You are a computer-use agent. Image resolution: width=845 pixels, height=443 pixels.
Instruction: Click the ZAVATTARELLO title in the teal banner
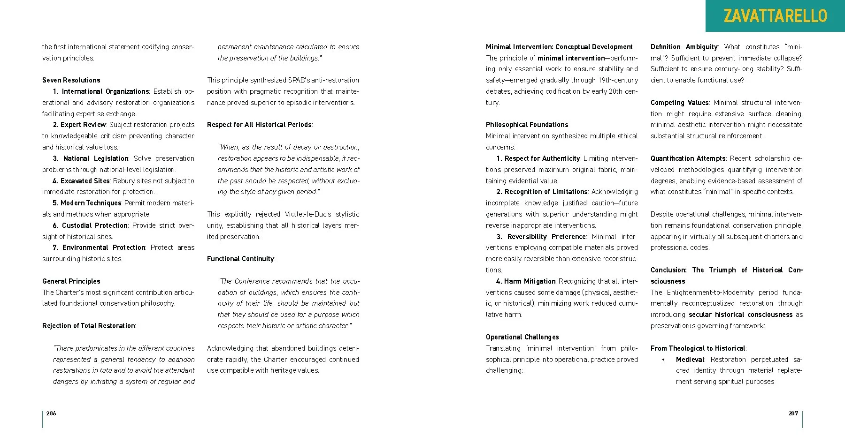pos(775,16)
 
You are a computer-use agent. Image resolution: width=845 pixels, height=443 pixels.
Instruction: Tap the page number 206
pos(51,413)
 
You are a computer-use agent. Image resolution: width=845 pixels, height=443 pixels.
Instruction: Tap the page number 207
pos(793,413)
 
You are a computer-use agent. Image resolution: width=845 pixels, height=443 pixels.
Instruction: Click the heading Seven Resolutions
pos(71,80)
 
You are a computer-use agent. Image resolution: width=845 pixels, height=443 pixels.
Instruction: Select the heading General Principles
pos(71,281)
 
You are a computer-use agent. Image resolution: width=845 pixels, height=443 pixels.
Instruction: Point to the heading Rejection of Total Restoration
pos(89,326)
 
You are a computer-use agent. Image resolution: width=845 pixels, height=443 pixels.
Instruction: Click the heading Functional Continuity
pos(240,259)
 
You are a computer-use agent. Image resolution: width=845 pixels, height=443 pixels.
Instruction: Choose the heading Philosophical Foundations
pos(527,125)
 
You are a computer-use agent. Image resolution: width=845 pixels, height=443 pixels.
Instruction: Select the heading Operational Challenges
pos(522,337)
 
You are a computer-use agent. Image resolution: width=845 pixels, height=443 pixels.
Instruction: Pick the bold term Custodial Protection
pos(95,225)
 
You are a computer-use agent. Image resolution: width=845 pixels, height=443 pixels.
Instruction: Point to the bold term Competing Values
pos(679,103)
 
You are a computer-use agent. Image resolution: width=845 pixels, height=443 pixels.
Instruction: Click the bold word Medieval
pos(690,360)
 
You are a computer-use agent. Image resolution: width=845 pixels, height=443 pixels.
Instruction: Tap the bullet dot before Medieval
pos(663,360)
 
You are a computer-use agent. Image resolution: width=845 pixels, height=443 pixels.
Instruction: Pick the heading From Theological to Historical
pos(698,348)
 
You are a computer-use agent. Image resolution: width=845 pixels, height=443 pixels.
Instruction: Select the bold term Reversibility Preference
pos(546,237)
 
